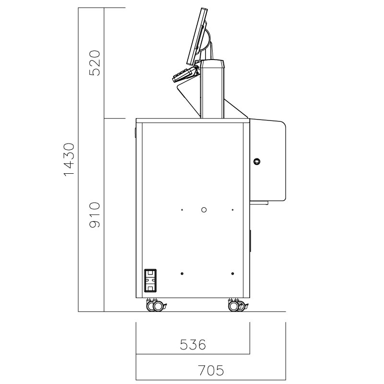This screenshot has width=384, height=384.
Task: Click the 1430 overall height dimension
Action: click(69, 159)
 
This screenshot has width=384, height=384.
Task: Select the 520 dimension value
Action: click(95, 63)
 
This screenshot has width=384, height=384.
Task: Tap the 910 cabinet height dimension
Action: click(95, 215)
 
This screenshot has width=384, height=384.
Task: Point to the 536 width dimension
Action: click(193, 345)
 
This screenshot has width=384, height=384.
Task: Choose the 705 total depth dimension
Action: click(211, 370)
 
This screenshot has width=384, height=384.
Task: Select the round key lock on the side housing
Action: click(257, 161)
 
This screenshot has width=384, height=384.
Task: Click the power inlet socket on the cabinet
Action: click(150, 280)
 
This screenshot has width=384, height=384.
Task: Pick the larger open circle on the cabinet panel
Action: click(204, 210)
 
